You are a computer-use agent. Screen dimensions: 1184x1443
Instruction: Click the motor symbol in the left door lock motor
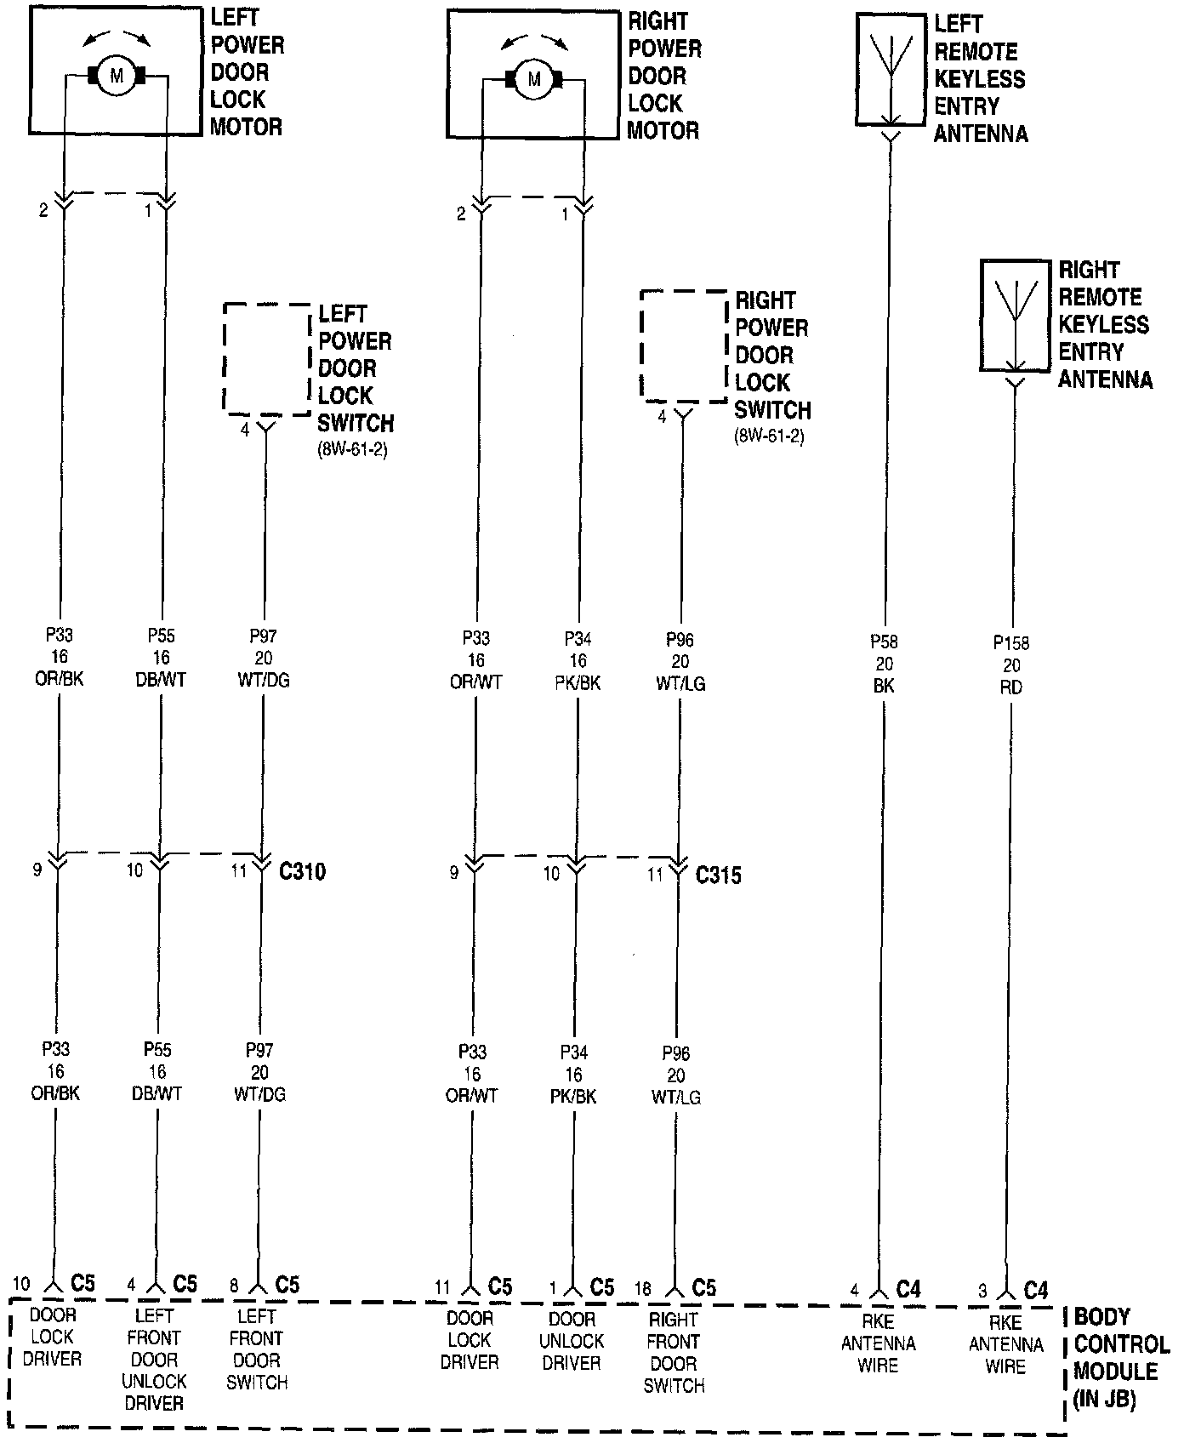coord(117,77)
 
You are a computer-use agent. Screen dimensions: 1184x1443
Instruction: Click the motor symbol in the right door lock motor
coord(534,80)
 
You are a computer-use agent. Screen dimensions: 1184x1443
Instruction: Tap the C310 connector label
coord(302,871)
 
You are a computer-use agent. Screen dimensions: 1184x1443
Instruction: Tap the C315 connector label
coord(719,875)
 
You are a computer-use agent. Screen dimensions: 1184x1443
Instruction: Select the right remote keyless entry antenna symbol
coord(1015,316)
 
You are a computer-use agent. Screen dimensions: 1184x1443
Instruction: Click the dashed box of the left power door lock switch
coord(266,358)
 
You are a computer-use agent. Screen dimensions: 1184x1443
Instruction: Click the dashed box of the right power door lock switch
coord(683,346)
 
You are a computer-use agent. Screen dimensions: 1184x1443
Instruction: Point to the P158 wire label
coord(1011,643)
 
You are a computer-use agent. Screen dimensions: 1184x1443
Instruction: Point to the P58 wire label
coord(884,642)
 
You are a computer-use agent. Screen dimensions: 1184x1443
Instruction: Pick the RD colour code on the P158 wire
coord(1011,687)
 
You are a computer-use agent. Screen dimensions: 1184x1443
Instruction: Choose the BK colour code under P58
coord(884,686)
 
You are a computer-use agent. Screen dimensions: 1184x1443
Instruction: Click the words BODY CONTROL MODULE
coord(1119,1358)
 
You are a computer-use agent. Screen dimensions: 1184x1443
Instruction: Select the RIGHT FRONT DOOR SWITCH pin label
coord(674,1353)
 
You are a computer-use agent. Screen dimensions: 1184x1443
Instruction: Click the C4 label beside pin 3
coord(1035,1291)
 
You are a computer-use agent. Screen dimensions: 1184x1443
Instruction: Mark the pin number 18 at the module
coord(643,1290)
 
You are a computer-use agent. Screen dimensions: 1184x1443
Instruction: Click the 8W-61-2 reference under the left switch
coord(353,450)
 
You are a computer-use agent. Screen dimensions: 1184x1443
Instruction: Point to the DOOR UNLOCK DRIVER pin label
coord(572,1341)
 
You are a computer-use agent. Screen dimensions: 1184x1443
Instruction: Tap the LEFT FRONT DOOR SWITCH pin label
coord(257,1349)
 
